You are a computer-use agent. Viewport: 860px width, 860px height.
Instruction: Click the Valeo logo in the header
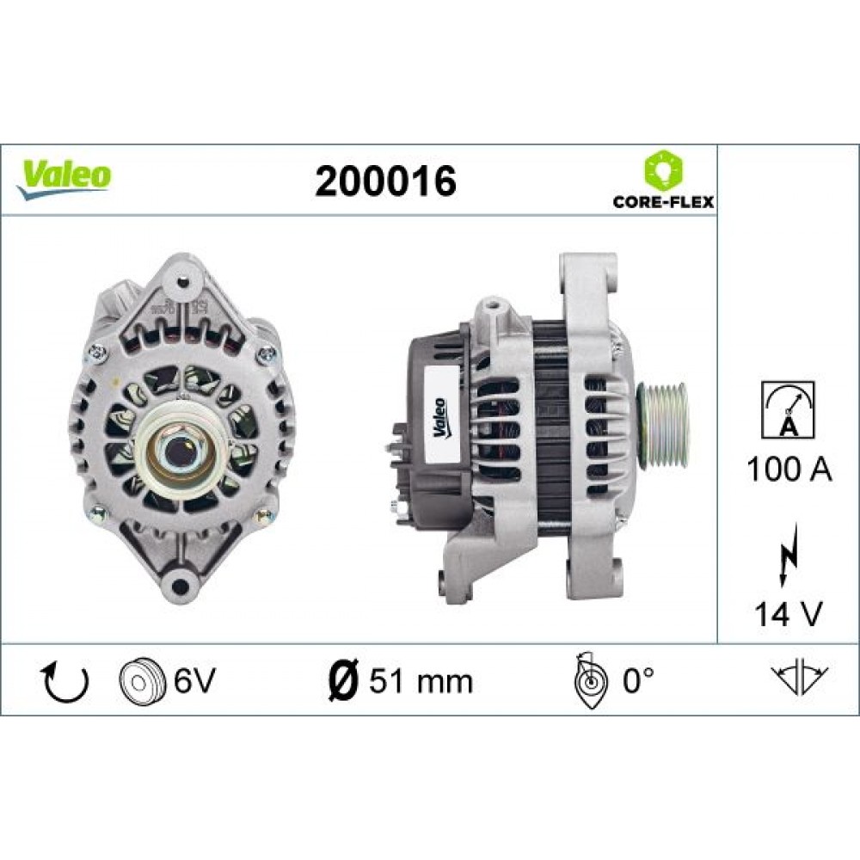[x=65, y=175]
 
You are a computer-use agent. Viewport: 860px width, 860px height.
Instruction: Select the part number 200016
[x=384, y=180]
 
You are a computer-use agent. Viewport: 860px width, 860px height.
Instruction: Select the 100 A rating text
[x=789, y=470]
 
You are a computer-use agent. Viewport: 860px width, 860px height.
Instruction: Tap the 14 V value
[x=789, y=613]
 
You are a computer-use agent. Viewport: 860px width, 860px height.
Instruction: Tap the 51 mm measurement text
[x=421, y=682]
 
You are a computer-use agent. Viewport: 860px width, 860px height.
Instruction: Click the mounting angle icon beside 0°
[x=590, y=680]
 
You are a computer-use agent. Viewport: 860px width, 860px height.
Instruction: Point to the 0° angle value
[x=638, y=681]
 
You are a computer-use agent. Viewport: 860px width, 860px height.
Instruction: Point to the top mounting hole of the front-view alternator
[x=180, y=279]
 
